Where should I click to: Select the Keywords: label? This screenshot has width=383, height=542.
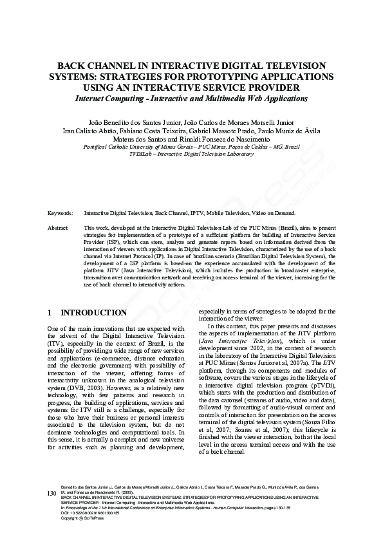coord(61,212)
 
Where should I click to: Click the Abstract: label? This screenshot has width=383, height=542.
coord(59,228)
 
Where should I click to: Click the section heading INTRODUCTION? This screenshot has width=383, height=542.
coord(93,313)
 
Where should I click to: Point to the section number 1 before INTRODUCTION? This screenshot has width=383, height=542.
coord(50,313)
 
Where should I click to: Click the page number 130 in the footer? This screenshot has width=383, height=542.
coord(52,511)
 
